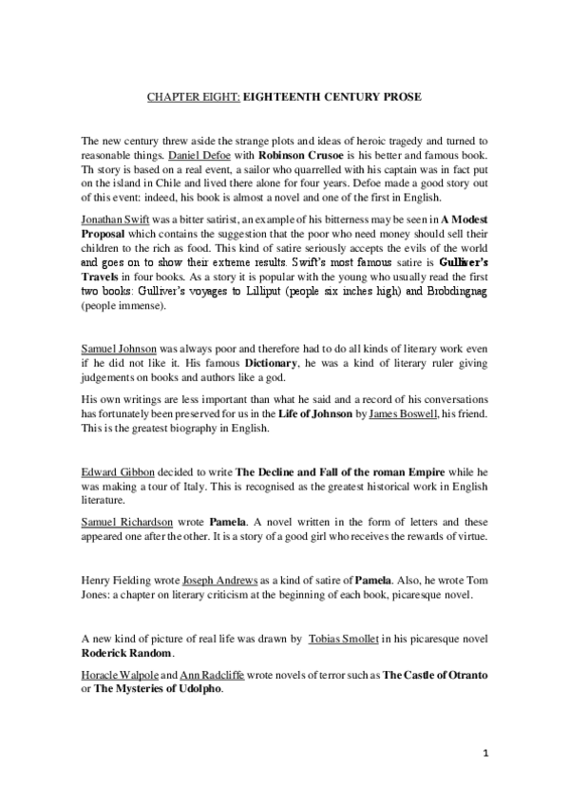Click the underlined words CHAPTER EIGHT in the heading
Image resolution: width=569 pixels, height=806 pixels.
tap(193, 97)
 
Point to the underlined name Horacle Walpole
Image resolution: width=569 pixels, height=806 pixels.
tap(126, 674)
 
